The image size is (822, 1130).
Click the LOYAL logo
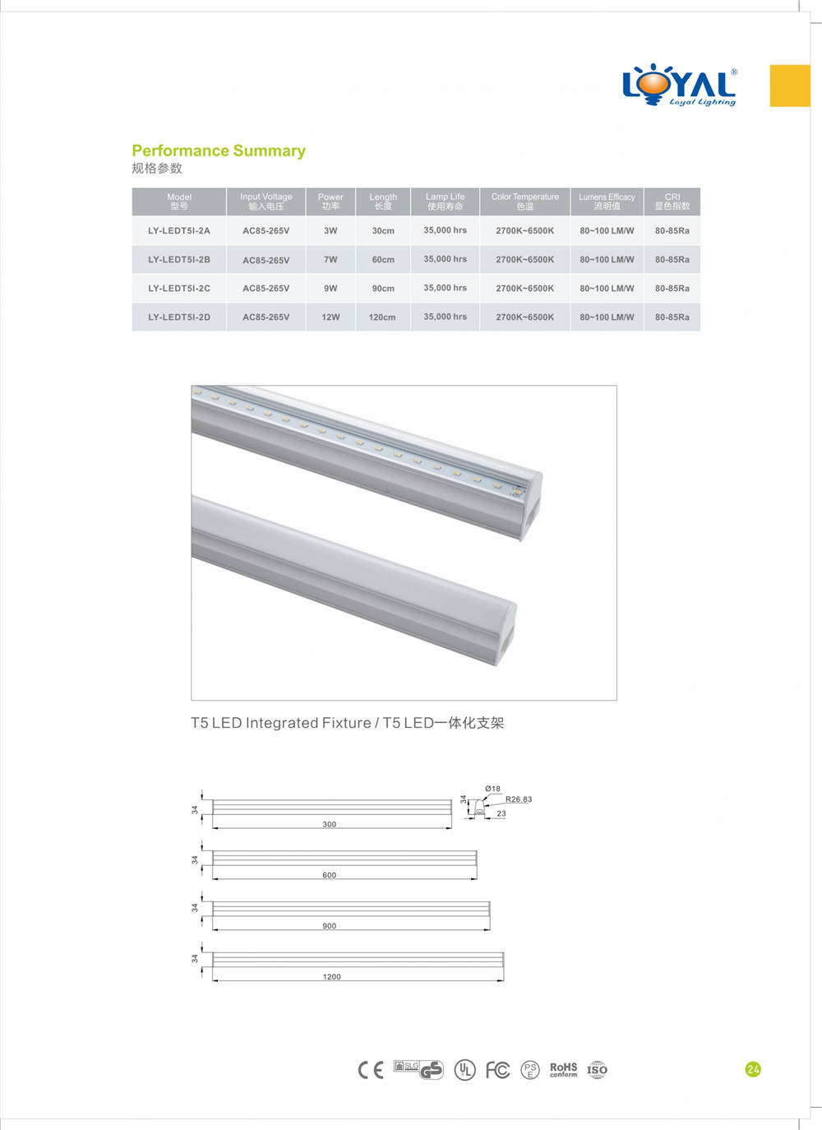pyautogui.click(x=680, y=85)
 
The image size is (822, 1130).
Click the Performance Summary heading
pyautogui.click(x=219, y=151)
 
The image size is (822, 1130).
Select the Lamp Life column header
pyautogui.click(x=445, y=201)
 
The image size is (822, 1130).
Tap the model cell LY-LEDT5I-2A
pyautogui.click(x=179, y=230)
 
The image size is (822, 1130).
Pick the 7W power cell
pyautogui.click(x=330, y=259)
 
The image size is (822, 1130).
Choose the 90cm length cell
pyautogui.click(x=383, y=288)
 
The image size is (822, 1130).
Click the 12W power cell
pyautogui.click(x=330, y=317)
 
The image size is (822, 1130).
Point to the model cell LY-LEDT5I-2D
pyautogui.click(x=179, y=317)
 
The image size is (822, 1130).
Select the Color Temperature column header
pyautogui.click(x=525, y=201)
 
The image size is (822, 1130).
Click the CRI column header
pyautogui.click(x=672, y=201)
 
